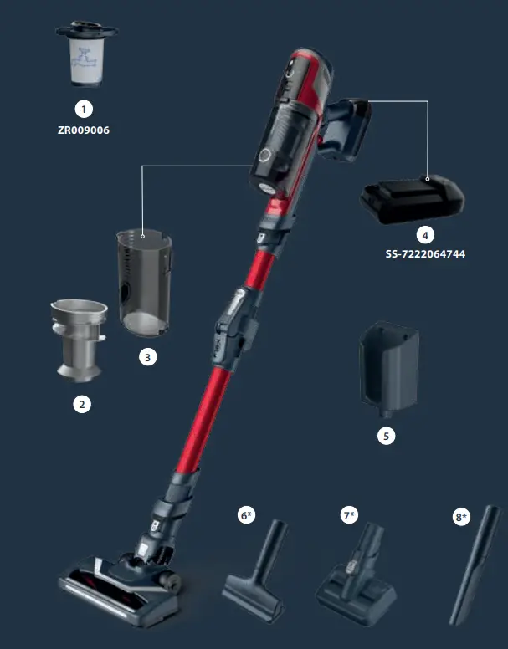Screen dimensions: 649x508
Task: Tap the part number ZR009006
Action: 83,130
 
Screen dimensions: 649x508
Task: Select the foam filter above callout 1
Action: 86,56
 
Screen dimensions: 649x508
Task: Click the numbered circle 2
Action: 81,404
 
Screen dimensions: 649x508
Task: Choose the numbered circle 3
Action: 147,357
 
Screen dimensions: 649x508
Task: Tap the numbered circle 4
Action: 427,234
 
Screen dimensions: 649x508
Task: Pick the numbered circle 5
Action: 385,436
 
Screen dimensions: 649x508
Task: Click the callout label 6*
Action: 247,516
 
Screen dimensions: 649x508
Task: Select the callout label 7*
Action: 349,516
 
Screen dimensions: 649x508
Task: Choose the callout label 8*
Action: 461,518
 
